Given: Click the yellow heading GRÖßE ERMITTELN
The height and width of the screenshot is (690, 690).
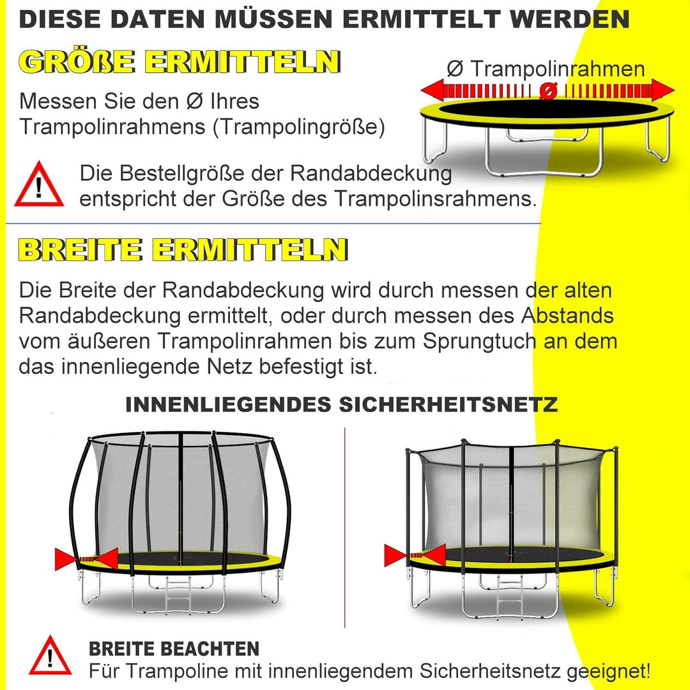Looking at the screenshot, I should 179,62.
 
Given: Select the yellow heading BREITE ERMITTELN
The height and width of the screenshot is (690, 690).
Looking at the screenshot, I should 183,249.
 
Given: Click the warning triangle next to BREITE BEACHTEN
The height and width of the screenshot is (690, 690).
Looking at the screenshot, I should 50,655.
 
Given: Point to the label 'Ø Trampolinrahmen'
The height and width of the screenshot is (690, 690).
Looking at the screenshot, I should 546,68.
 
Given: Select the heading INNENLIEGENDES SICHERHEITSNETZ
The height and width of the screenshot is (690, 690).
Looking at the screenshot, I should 342,404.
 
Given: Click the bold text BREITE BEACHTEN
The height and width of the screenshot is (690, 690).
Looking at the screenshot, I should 174,649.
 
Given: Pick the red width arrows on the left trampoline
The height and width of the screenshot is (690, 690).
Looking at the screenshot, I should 86,559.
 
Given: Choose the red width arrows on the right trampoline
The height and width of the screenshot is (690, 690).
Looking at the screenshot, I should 415,555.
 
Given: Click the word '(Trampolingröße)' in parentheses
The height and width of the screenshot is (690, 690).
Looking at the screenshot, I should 300,127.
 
